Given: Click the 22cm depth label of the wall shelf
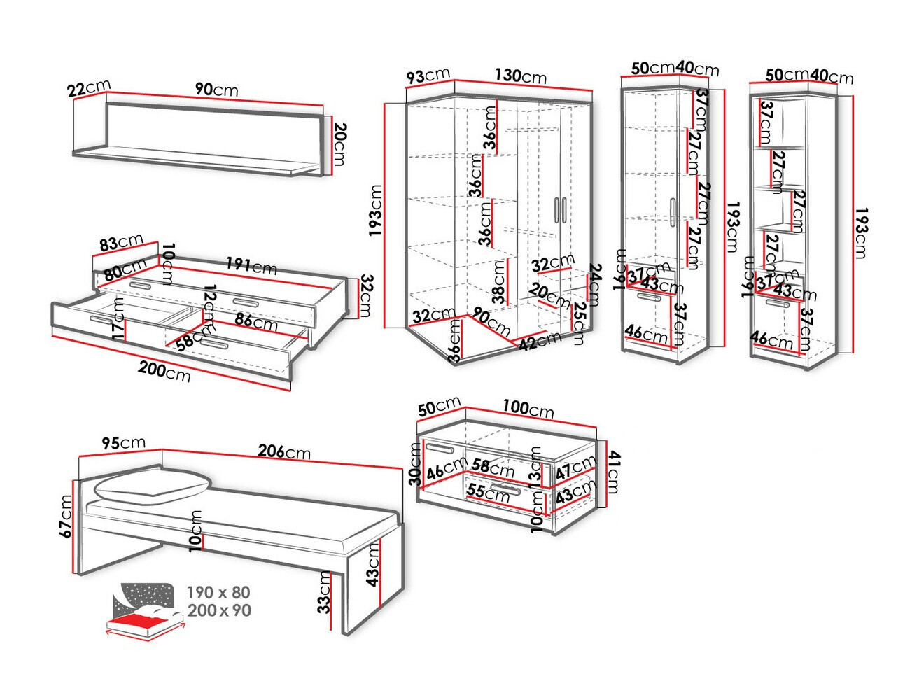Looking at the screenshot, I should click(88, 88).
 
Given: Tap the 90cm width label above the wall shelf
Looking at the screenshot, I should click(216, 90).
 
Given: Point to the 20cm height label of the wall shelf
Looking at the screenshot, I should click(339, 144).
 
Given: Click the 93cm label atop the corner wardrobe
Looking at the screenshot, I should click(428, 75).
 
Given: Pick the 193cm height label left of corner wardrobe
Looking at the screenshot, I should click(375, 210).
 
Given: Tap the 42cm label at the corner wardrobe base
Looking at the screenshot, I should click(540, 341).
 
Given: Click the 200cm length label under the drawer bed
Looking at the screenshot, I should click(164, 370).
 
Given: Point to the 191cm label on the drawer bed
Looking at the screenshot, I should click(251, 266).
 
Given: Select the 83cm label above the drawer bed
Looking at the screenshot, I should click(121, 243).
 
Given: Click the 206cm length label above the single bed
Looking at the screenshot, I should click(283, 451).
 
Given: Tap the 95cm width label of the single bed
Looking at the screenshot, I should click(123, 443).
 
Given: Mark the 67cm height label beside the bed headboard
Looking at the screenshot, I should click(66, 516).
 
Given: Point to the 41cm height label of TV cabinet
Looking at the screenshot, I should click(613, 472).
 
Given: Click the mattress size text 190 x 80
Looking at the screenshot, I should click(218, 593).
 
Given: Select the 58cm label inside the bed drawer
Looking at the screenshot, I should click(186, 343).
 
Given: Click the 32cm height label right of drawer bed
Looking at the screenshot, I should click(365, 296).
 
